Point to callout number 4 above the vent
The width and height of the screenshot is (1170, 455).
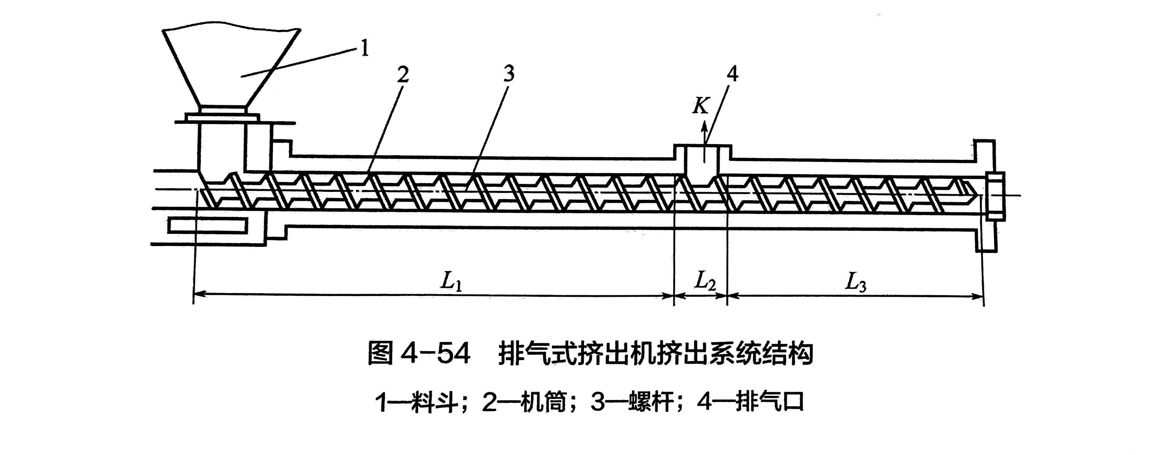click(x=732, y=74)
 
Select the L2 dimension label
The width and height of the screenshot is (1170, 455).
click(x=705, y=282)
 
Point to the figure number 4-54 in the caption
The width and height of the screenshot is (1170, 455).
click(x=436, y=355)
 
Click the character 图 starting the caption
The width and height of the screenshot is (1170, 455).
click(x=381, y=355)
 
